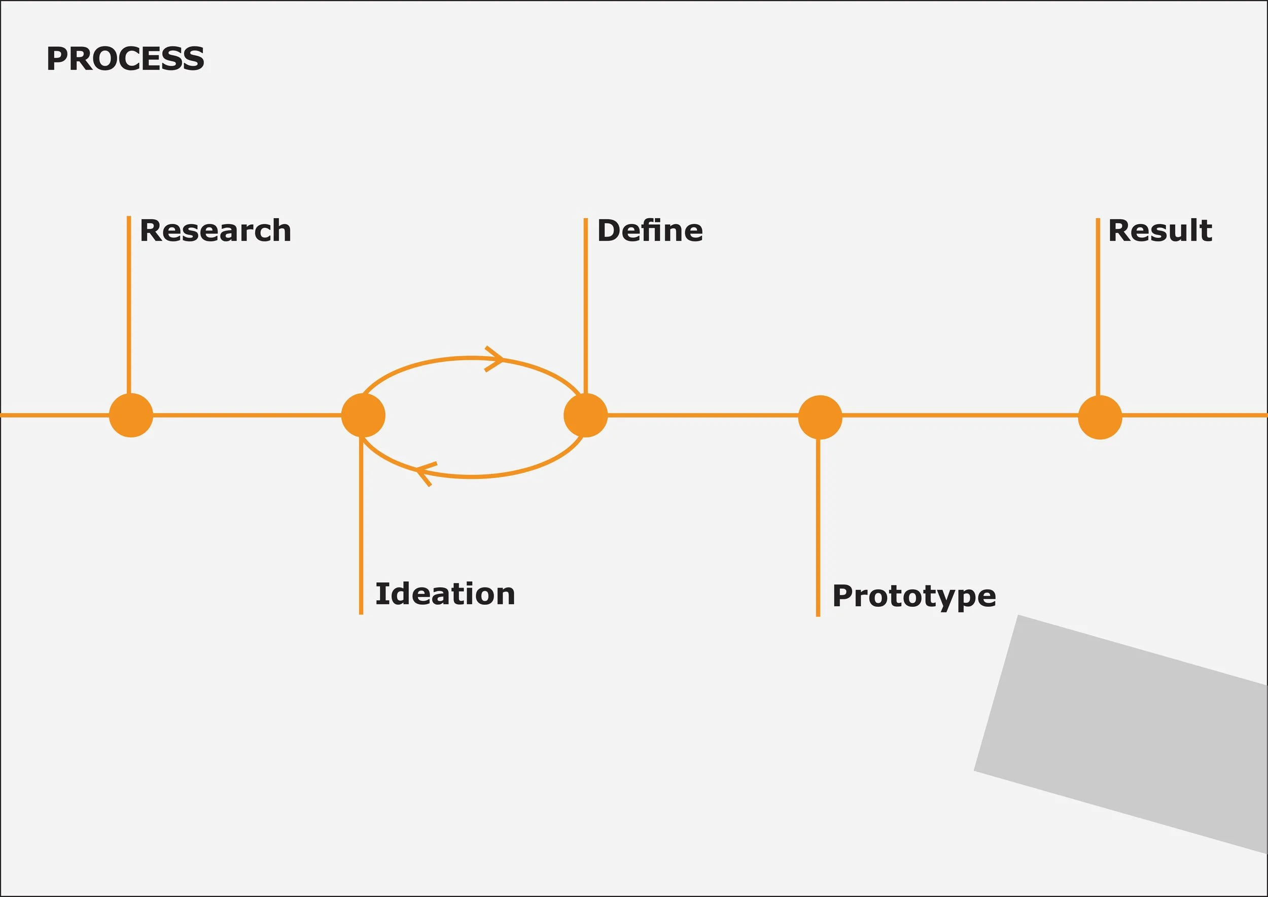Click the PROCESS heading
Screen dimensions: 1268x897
125,58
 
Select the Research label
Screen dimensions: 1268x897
216,230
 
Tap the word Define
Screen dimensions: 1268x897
650,230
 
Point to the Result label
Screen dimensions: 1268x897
1160,230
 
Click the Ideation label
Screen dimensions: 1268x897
445,594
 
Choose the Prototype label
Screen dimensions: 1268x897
914,597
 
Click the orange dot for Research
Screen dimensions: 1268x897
131,416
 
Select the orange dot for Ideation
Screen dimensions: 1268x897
363,416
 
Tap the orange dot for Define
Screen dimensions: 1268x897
585,416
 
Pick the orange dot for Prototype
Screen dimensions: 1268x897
820,417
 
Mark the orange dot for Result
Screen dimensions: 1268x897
1100,417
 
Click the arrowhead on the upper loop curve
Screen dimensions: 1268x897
496,359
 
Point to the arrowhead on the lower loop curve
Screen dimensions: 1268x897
424,473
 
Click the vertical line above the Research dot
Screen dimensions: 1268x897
129,304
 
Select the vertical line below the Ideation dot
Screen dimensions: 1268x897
361,525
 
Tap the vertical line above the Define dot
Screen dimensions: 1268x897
585,304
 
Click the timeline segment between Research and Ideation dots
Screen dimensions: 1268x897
247,416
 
